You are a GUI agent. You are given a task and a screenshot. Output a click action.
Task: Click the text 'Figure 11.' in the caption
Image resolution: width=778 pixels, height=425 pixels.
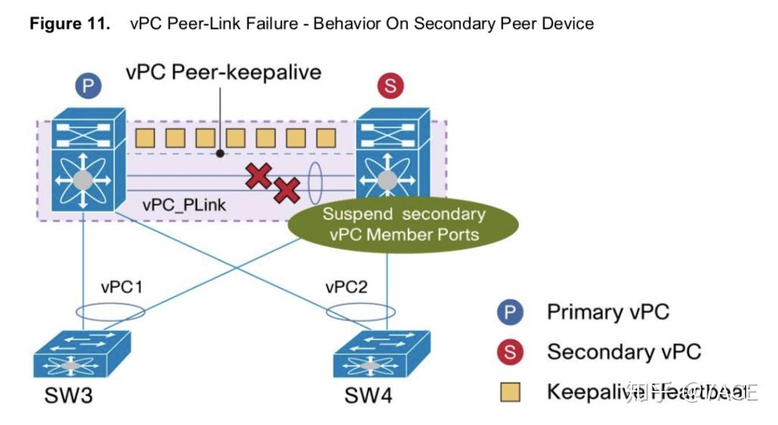click(67, 23)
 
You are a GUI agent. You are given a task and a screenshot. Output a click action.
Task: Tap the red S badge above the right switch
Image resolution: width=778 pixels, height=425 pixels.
click(390, 86)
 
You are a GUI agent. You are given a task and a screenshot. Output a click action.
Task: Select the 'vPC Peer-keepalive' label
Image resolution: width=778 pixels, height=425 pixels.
click(223, 72)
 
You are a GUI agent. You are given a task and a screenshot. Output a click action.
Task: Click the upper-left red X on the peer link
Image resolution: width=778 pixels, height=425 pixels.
click(259, 176)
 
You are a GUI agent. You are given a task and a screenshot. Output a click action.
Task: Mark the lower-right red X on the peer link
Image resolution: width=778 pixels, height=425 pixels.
click(286, 190)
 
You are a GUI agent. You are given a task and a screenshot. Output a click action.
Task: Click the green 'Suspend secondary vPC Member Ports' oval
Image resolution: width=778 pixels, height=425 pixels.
click(404, 223)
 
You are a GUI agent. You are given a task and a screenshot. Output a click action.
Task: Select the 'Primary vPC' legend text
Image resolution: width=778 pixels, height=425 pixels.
click(608, 312)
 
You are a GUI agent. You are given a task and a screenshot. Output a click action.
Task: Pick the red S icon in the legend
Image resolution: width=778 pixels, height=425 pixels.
click(511, 352)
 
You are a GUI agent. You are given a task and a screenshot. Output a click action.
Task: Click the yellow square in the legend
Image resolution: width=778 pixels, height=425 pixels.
click(511, 392)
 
